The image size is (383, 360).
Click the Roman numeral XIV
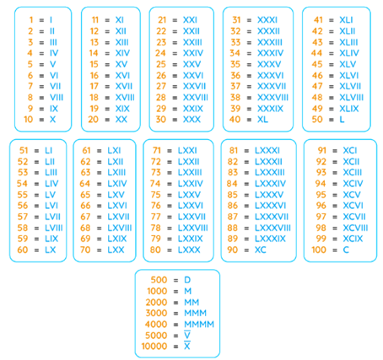[122, 53]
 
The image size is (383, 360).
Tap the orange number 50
[317, 119]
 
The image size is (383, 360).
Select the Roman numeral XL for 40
[262, 119]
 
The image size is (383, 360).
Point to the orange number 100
[319, 250]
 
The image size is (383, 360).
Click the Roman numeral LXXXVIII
[272, 228]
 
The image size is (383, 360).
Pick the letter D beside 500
[187, 280]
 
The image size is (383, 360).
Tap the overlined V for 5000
[187, 335]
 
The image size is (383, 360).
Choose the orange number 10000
[154, 346]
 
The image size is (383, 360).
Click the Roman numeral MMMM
[199, 324]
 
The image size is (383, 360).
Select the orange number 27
[161, 86]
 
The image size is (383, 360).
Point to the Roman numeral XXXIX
[270, 109]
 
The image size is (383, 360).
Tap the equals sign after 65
[100, 195]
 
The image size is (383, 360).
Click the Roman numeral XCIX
[353, 239]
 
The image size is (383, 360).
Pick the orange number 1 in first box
[31, 20]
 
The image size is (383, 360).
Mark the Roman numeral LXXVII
[191, 217]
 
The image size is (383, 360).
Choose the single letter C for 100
[346, 250]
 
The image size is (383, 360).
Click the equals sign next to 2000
[175, 303]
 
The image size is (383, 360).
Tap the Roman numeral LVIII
[54, 228]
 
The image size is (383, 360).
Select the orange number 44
[316, 53]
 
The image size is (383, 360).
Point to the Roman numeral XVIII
[125, 97]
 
